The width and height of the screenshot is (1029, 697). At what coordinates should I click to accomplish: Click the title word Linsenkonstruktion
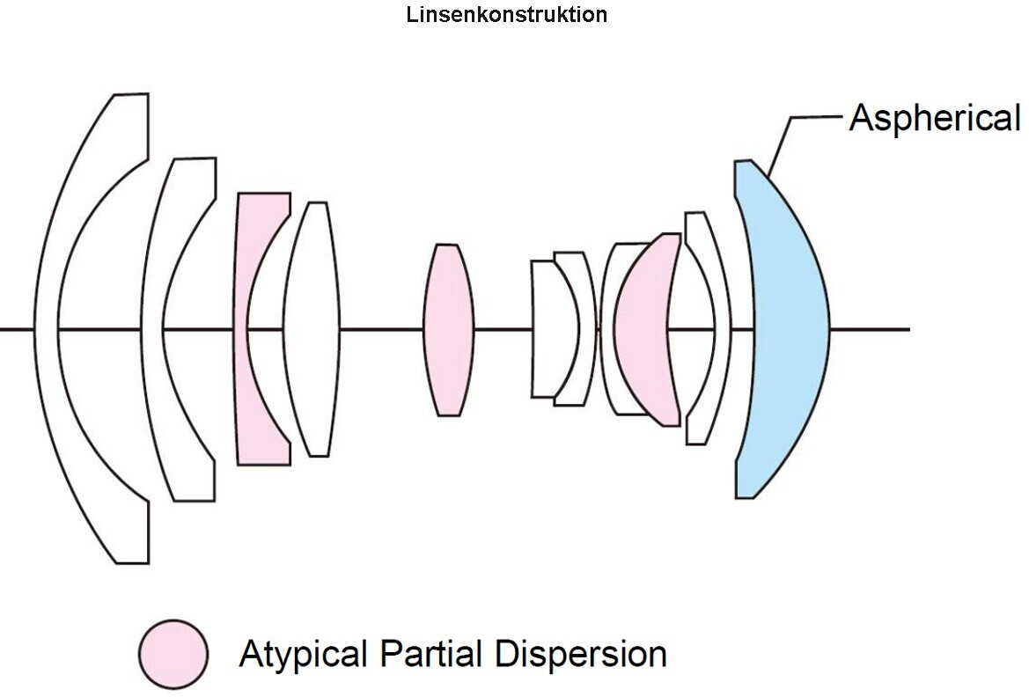click(x=507, y=14)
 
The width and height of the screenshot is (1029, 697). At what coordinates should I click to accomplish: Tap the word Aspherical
click(x=935, y=118)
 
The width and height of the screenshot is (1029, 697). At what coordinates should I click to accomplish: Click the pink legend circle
click(x=173, y=654)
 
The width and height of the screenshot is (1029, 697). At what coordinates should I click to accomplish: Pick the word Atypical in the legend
click(x=303, y=654)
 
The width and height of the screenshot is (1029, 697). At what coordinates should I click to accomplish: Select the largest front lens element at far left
click(x=49, y=328)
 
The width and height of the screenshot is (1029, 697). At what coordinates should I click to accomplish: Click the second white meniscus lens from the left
click(x=152, y=328)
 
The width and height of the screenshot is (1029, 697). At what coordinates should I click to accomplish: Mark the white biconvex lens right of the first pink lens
click(x=312, y=328)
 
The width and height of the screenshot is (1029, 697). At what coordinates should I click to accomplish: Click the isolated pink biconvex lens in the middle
click(x=448, y=329)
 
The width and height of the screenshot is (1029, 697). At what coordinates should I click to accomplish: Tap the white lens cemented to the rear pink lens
click(x=608, y=328)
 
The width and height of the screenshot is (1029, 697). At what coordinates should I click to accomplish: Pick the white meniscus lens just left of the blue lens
click(x=723, y=328)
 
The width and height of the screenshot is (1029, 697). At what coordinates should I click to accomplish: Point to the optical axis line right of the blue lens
click(x=871, y=328)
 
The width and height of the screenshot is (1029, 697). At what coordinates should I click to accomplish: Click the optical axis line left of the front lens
click(x=17, y=328)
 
